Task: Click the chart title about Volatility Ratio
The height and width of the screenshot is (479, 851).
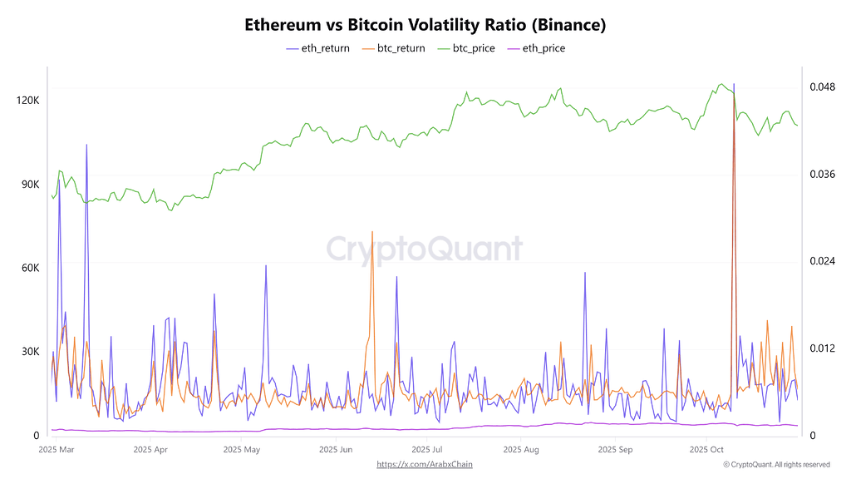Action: coord(425,25)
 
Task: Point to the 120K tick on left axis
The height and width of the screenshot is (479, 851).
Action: coord(28,101)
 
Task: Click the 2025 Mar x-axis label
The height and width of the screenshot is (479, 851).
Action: coord(57,449)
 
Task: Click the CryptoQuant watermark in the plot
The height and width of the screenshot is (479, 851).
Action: coord(425,249)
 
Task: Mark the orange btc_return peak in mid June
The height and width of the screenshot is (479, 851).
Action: coord(372,232)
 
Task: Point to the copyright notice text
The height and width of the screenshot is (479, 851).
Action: coord(776,464)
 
